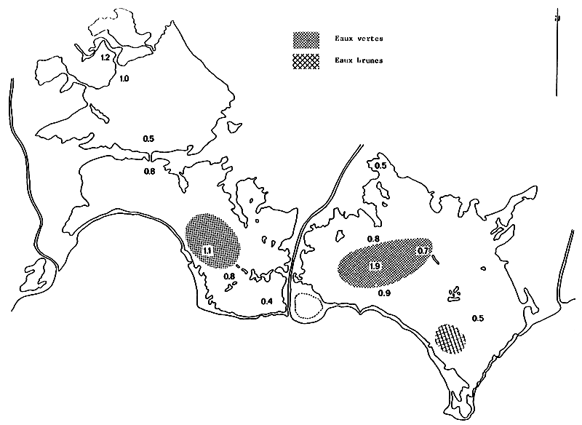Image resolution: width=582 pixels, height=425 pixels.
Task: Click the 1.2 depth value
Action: [105, 57]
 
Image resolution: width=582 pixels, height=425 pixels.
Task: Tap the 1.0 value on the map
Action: [124, 78]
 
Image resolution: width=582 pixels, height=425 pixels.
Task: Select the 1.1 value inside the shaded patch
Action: [207, 251]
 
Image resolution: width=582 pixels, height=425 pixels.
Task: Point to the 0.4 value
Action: [267, 301]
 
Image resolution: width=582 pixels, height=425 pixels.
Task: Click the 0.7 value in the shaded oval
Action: [423, 251]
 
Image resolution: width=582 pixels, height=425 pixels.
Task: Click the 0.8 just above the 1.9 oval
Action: [373, 239]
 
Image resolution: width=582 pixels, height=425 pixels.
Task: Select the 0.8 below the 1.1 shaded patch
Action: [229, 277]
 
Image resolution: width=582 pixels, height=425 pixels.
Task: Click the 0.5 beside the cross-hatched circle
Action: [478, 318]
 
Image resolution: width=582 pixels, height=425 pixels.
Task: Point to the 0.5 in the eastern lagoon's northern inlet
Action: [380, 167]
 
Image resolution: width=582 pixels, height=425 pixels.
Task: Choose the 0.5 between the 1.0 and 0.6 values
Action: [148, 138]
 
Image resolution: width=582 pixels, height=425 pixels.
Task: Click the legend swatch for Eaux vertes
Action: [306, 38]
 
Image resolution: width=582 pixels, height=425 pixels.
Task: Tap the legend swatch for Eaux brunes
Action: [306, 60]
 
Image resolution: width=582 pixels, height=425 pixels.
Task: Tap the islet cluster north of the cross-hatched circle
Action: [454, 293]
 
